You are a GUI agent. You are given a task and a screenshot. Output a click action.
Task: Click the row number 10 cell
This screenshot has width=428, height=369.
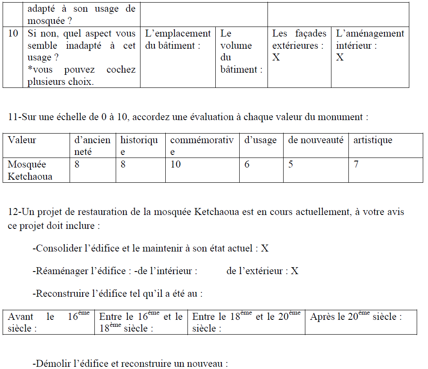(x=13, y=34)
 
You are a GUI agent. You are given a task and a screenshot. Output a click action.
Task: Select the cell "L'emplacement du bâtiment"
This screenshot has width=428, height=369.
(x=177, y=39)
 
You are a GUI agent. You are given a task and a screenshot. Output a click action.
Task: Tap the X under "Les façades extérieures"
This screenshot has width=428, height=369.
(x=276, y=57)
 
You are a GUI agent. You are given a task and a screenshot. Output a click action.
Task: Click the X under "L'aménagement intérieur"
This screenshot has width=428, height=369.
(x=340, y=57)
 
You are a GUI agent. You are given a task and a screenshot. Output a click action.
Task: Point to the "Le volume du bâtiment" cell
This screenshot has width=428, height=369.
(x=241, y=51)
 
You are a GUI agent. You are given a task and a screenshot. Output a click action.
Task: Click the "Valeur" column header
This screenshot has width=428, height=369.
(x=22, y=140)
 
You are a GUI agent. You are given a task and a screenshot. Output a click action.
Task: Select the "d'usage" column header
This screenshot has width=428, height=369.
(x=260, y=140)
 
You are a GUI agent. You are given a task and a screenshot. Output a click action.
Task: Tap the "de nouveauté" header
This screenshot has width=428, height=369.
(x=315, y=140)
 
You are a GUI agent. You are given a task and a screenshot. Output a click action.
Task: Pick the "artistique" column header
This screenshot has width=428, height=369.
(x=372, y=140)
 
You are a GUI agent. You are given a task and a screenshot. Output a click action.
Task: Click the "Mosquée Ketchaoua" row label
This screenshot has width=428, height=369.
(x=30, y=170)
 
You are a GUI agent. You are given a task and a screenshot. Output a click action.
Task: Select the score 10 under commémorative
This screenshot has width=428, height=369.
(x=175, y=164)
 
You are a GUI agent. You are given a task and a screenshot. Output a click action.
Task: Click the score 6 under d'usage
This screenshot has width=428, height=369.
(x=247, y=164)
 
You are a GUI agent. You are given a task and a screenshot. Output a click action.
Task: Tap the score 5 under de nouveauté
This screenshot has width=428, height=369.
(x=291, y=164)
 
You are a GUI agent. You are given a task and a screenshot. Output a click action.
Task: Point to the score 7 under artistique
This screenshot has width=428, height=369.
(x=356, y=164)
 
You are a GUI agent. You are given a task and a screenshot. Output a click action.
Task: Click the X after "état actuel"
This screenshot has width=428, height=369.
(x=265, y=248)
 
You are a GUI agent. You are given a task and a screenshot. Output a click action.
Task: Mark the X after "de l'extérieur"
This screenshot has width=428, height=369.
(x=294, y=271)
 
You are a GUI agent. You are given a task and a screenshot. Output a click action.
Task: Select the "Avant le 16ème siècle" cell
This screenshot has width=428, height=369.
(x=48, y=322)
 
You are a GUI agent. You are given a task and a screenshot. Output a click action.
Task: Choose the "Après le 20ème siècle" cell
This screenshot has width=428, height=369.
(x=356, y=317)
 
